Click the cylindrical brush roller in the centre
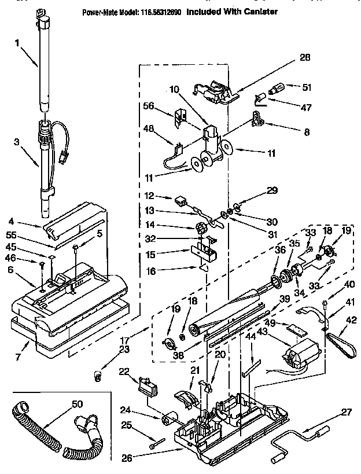(x=229, y=313)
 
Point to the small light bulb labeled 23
(x=97, y=377)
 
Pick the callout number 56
(x=149, y=106)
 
